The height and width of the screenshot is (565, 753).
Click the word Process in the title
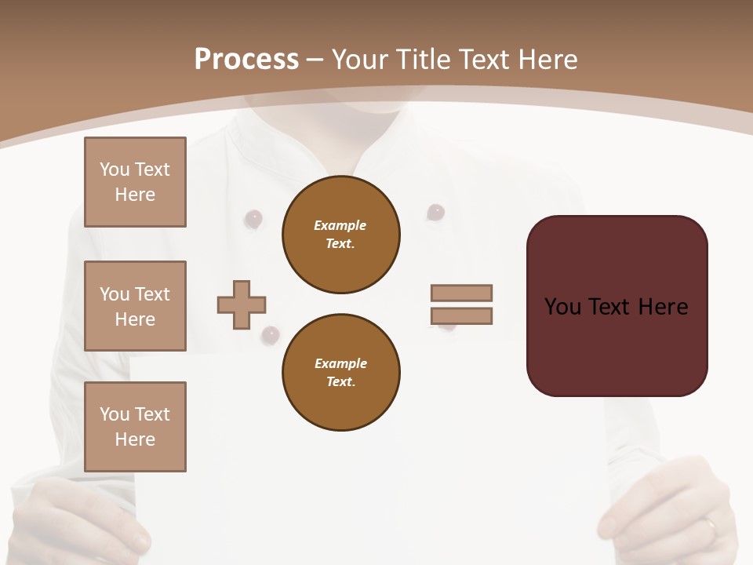pos(246,60)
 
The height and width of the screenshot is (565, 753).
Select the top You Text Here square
pos(135,182)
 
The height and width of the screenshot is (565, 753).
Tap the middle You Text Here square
pos(135,306)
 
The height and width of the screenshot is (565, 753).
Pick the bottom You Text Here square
pos(135,427)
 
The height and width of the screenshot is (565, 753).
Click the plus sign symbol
pos(242,304)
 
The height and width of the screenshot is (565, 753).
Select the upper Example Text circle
pos(341,235)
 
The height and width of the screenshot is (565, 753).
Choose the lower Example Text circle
pos(341,373)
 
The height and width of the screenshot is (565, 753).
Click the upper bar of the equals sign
pos(461,293)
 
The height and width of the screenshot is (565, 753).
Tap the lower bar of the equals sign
pos(461,315)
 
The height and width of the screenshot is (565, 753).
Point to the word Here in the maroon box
pos(663,307)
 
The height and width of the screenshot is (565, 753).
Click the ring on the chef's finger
pos(710,524)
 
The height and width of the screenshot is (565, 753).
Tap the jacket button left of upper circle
pos(253,219)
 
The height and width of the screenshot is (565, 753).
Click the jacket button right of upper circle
pos(435,212)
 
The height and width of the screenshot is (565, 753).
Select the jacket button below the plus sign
pos(270,336)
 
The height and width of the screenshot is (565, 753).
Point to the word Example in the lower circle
pos(340,363)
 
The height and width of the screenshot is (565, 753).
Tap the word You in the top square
pos(115,169)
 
